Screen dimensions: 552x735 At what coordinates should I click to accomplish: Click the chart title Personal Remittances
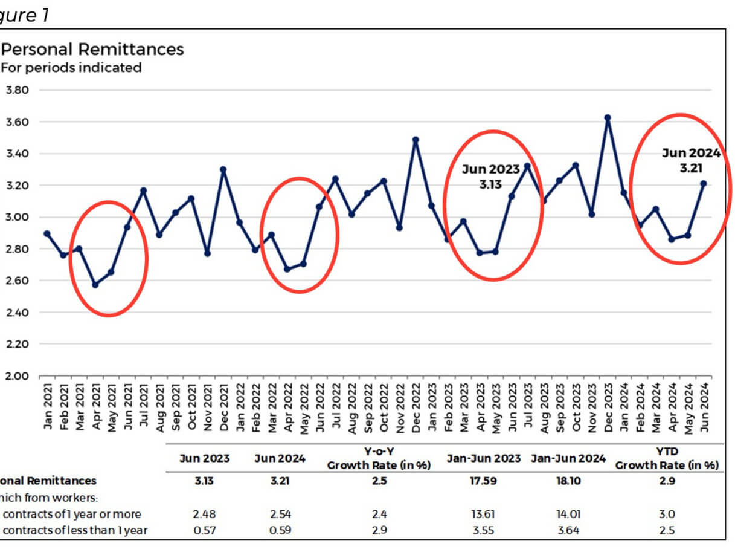point(92,49)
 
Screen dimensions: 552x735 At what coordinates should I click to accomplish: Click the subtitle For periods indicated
point(71,68)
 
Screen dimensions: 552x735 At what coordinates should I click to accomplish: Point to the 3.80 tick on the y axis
point(18,90)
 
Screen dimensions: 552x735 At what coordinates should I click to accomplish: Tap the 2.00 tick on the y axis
point(18,376)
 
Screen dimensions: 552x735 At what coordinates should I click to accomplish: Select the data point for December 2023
point(608,118)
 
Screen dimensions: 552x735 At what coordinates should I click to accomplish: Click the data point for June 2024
point(704,183)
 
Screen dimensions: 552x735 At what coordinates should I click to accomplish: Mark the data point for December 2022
point(416,140)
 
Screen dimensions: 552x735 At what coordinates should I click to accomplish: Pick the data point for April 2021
point(95,285)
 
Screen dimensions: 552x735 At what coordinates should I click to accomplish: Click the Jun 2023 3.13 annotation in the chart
point(490,177)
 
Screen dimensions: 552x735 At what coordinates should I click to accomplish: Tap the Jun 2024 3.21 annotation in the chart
point(690,160)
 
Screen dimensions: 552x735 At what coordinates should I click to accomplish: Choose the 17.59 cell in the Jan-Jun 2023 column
point(483,481)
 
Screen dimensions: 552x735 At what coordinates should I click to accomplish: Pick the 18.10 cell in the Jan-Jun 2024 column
point(568,481)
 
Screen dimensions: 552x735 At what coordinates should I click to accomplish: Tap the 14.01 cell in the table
point(568,515)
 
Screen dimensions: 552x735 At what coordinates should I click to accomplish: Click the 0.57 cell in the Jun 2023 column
point(204,531)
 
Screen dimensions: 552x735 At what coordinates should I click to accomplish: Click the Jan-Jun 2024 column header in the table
point(568,458)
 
